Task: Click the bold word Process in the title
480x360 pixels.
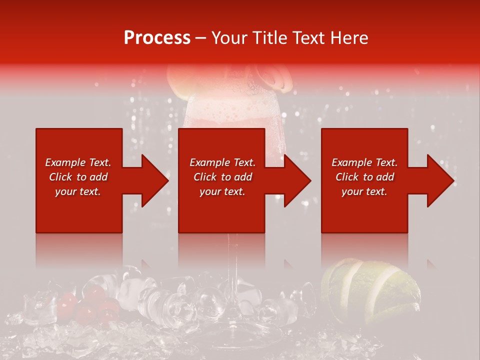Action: pyautogui.click(x=157, y=38)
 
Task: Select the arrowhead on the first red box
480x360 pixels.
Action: pyautogui.click(x=152, y=180)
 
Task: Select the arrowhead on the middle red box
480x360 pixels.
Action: pyautogui.click(x=294, y=180)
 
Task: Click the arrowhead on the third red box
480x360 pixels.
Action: pyautogui.click(x=437, y=180)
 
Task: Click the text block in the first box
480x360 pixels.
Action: pyautogui.click(x=78, y=177)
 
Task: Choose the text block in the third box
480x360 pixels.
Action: pyautogui.click(x=364, y=177)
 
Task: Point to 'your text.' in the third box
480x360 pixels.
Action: pyautogui.click(x=364, y=191)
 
